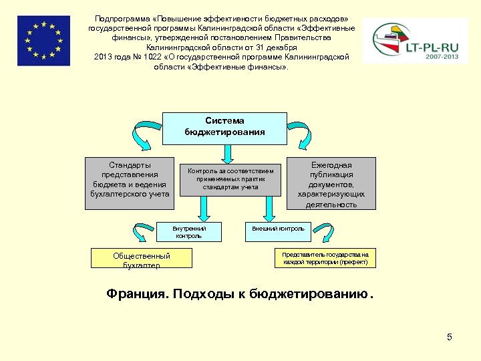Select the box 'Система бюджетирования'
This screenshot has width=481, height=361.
point(224,127)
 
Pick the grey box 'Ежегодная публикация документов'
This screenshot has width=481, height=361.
point(331,183)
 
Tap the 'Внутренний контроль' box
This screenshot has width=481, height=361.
point(189,232)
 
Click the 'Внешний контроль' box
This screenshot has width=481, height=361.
point(277,229)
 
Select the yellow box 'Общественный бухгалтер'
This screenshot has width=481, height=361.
point(142,259)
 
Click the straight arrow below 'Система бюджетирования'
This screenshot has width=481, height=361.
point(228,153)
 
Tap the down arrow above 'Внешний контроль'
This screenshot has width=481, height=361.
point(269,211)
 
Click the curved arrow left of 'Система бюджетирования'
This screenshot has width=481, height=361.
point(147,136)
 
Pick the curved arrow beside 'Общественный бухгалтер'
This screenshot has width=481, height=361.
point(141,233)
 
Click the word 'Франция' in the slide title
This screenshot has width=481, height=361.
point(136,294)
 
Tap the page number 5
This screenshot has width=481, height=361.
point(450,337)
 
